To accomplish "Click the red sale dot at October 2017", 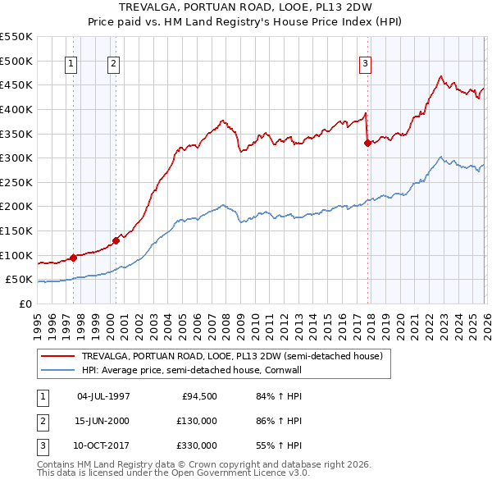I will pos(367,143).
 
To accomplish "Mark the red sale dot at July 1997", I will pos(74,257).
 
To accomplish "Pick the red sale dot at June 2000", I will pos(116,240).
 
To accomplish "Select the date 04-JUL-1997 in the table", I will pos(103,396).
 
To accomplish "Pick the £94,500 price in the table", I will pos(200,396).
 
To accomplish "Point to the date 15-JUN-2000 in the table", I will pos(103,421).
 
